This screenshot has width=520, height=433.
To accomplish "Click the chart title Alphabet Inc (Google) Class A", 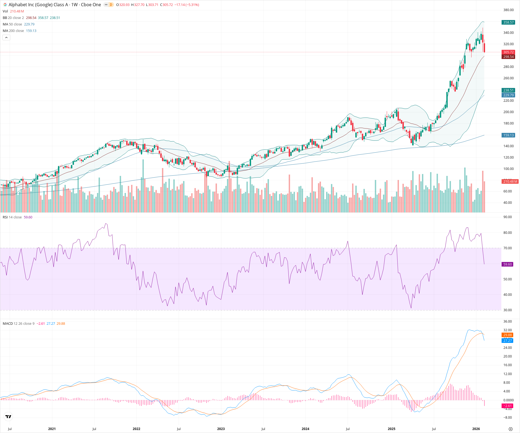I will coord(38,5).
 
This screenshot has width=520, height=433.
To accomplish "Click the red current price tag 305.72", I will coord(508,52).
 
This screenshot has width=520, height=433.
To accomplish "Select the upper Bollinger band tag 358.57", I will coord(508,22).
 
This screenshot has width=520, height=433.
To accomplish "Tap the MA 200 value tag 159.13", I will coord(508,135).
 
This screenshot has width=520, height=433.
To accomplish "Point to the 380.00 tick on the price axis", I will coord(508,10).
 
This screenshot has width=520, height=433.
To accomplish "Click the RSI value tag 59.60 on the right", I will coord(507,264).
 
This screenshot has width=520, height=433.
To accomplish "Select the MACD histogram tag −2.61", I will coord(507,406).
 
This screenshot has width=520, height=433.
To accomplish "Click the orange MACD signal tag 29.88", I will coord(507,335).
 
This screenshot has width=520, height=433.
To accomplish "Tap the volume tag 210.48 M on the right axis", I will coord(510,181).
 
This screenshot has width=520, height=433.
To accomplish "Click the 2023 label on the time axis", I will coord(221,429).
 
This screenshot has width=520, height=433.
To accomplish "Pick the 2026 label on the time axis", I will coord(476,429).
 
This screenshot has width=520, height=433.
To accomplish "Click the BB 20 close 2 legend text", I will coord(13,18).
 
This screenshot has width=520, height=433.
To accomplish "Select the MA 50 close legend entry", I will coord(12,24).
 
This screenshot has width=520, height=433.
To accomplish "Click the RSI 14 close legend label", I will coord(12,217).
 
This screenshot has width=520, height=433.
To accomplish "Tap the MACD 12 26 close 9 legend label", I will coord(18,323).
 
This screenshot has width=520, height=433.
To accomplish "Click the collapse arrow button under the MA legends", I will coord(6,37).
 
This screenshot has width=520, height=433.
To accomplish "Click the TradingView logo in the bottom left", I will coord(8,416).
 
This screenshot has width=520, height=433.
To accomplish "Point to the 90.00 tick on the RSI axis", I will coord(507,217).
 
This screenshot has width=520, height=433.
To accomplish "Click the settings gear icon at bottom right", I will coord(511,429).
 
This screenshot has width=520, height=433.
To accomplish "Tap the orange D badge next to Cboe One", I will coord(111,5).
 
